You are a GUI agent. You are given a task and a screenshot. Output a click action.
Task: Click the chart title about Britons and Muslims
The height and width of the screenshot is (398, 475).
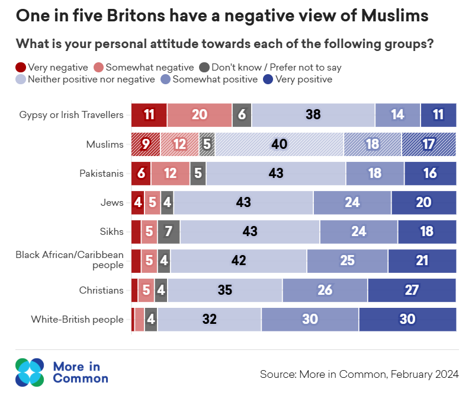[x=222, y=17]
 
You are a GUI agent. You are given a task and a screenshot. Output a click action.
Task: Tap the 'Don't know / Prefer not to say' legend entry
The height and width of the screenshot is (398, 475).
[x=270, y=68]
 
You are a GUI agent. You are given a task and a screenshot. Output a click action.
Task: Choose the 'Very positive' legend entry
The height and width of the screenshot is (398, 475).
[x=299, y=79]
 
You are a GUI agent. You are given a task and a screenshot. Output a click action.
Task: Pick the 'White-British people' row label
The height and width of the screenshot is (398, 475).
[x=77, y=320]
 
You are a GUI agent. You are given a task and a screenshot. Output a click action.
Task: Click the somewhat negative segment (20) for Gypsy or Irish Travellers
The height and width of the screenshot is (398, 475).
[x=199, y=115]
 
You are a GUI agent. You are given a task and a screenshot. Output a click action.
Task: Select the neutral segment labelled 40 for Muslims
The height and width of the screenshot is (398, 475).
[x=279, y=144]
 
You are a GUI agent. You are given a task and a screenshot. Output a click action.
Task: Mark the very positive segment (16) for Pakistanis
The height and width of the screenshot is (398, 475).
[x=430, y=173]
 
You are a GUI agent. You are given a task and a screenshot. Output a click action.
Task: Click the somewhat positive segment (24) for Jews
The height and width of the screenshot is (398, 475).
[x=352, y=202]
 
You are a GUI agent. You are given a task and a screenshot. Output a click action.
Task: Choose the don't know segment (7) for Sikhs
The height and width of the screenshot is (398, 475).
[x=169, y=232]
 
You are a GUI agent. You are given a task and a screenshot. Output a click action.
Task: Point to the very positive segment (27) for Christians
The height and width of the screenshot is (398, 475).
[x=412, y=290]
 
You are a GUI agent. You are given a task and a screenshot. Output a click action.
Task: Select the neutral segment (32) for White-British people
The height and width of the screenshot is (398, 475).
[x=209, y=320]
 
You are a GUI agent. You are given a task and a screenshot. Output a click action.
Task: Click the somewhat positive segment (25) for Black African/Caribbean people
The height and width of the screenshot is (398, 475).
[x=347, y=261]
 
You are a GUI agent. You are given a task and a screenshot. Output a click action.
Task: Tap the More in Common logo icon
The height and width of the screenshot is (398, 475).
[x=30, y=371]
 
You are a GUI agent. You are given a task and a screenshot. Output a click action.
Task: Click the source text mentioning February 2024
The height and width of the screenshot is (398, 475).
[x=359, y=374]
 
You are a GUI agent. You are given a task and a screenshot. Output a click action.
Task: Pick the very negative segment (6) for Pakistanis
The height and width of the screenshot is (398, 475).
[x=141, y=173]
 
